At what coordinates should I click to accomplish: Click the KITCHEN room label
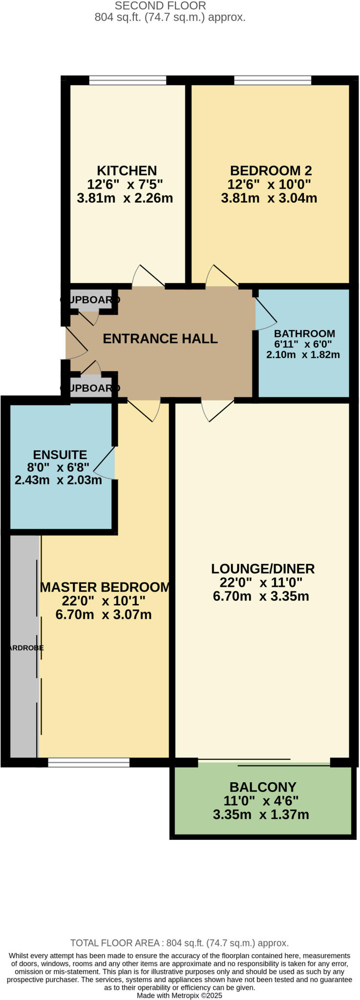point(127,170)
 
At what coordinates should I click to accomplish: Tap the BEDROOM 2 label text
point(271,170)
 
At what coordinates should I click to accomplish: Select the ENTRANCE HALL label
point(160,338)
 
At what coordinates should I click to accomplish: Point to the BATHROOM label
point(304,333)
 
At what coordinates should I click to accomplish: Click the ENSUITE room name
point(60,455)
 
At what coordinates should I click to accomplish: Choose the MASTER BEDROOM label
point(105,587)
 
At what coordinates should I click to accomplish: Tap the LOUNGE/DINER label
point(263,568)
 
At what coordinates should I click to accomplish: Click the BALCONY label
point(263,787)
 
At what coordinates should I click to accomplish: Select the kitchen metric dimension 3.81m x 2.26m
point(125,198)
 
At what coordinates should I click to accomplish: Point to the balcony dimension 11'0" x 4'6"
point(261,801)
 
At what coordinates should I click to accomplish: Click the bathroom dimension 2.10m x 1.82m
point(303,355)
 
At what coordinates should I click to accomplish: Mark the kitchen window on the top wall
point(127,80)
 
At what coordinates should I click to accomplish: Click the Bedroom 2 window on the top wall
point(273,80)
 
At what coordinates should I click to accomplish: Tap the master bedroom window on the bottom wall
point(88,762)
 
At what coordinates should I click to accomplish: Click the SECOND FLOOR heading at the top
point(160,6)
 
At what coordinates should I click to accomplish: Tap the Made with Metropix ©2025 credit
point(179,995)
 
